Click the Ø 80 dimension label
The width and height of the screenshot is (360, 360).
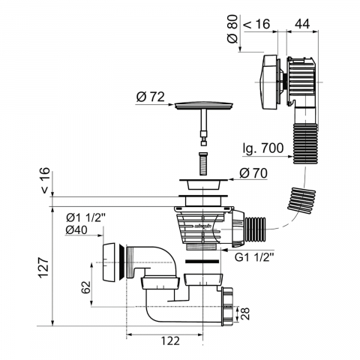(232, 28)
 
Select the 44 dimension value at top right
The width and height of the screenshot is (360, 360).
(302, 24)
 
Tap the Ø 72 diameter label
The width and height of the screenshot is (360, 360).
(151, 97)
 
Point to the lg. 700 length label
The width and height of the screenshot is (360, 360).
(263, 148)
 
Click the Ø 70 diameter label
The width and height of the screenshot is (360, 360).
(253, 173)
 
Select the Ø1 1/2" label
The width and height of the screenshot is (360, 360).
(85, 218)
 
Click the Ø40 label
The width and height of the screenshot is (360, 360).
(76, 230)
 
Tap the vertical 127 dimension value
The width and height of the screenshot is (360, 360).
(44, 267)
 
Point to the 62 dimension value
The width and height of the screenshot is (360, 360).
(85, 287)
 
